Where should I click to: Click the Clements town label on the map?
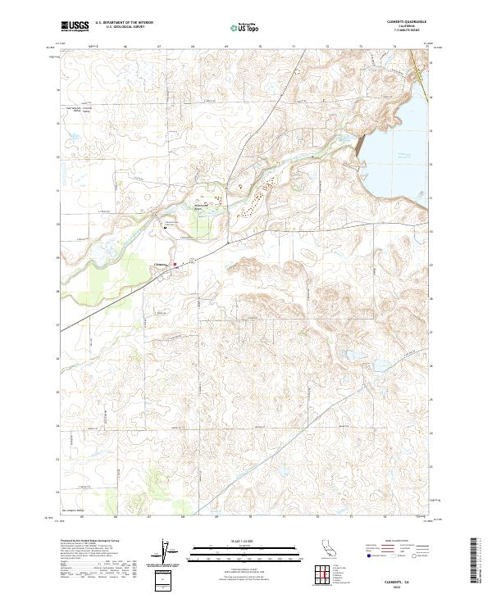162,264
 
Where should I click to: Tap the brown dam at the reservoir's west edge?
358,145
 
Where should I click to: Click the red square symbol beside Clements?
186,263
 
